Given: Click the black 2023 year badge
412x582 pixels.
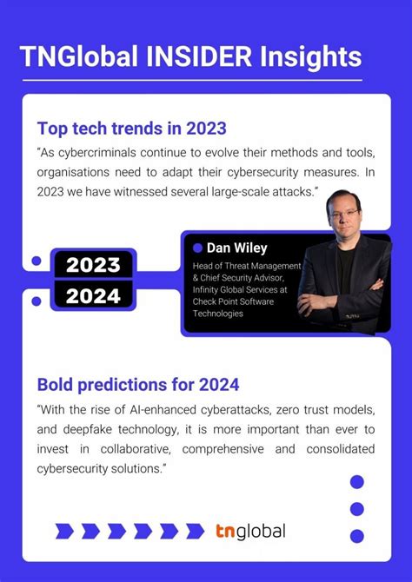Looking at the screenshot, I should (x=93, y=264).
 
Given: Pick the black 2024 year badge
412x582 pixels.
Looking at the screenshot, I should (x=93, y=296).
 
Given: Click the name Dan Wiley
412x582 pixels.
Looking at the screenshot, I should (x=236, y=248).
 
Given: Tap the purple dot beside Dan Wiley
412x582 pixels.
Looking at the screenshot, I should (x=197, y=248).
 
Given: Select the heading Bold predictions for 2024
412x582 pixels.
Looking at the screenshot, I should (x=137, y=383).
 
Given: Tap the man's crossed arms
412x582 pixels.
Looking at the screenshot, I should (x=343, y=295).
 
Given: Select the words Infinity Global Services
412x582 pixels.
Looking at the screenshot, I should (x=243, y=289).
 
